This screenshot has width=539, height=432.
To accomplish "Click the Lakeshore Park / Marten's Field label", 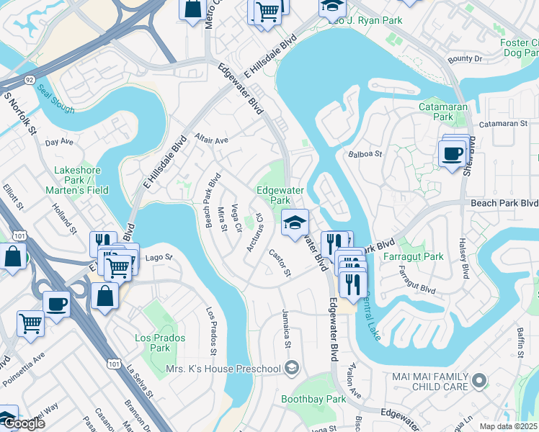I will coord(81,180).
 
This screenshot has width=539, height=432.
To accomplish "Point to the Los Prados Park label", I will coord(160,343).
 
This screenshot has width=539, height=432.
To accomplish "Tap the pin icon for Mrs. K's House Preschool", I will coord(291,369).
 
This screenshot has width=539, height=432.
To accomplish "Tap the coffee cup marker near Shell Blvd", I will coord(453,154).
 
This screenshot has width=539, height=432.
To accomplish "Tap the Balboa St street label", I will coord(365,153).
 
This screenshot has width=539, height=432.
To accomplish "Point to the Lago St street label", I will coord(159,257).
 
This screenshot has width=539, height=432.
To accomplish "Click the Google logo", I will coord(24,423).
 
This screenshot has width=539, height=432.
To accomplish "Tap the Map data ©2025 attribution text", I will coord(507,426).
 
